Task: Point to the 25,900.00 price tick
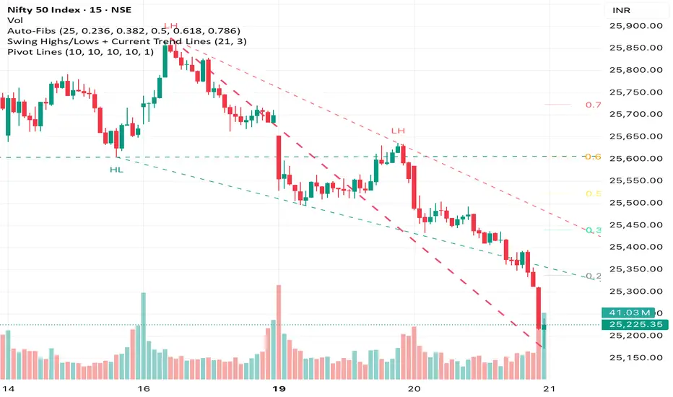(x=636, y=26)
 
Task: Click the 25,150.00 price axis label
(x=636, y=357)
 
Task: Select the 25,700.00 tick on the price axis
(x=636, y=114)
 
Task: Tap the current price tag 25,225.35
(x=635, y=325)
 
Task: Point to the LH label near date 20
(x=398, y=131)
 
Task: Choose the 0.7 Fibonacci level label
(x=594, y=105)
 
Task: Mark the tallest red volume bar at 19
(x=278, y=332)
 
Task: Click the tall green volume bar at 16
(x=143, y=336)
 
